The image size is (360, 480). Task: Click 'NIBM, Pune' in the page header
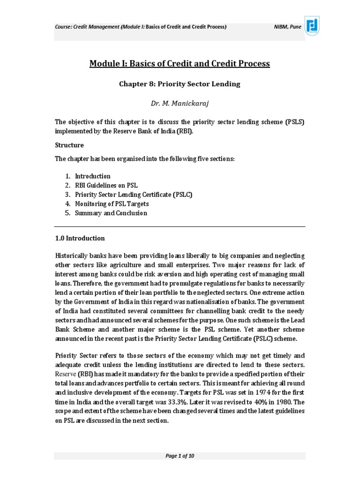tap(287, 27)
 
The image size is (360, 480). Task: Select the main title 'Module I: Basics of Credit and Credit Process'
tap(180, 63)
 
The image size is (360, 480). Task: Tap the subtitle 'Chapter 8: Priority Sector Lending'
tap(180, 84)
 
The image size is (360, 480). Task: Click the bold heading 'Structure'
tap(69, 145)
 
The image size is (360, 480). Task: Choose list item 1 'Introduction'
tap(93, 176)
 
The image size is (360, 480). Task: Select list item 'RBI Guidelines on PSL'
tap(106, 185)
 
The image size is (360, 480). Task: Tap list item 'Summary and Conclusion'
tap(111, 213)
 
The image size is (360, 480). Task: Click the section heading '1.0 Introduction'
tap(80, 238)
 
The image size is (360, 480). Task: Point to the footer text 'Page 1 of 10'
tap(180, 456)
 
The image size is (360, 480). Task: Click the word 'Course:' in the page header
tap(64, 27)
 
